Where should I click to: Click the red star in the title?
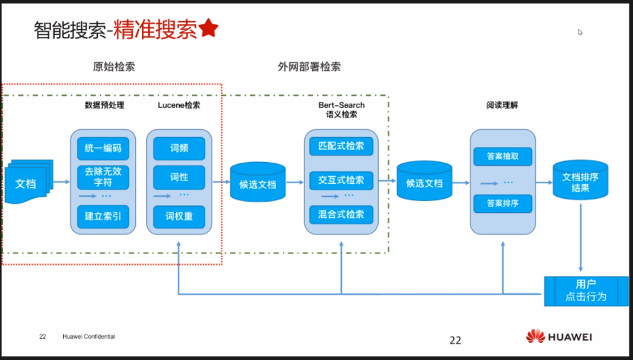click(x=208, y=28)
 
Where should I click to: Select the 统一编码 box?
click(x=103, y=148)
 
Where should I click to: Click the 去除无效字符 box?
click(x=103, y=178)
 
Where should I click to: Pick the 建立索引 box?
click(x=103, y=217)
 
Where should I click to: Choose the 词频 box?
click(x=179, y=148)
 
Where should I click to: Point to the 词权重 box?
click(x=179, y=217)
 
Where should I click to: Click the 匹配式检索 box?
click(x=341, y=146)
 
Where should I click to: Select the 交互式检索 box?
click(x=341, y=180)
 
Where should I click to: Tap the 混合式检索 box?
click(x=341, y=214)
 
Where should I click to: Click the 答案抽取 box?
click(x=503, y=156)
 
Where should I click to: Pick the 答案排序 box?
click(x=503, y=204)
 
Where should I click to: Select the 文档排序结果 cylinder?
click(x=580, y=181)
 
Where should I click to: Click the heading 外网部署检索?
click(x=309, y=67)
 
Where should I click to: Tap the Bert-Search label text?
click(x=341, y=105)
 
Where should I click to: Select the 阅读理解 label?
click(x=502, y=105)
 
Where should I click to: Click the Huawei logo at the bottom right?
click(x=559, y=336)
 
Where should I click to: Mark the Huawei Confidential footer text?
click(x=88, y=337)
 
